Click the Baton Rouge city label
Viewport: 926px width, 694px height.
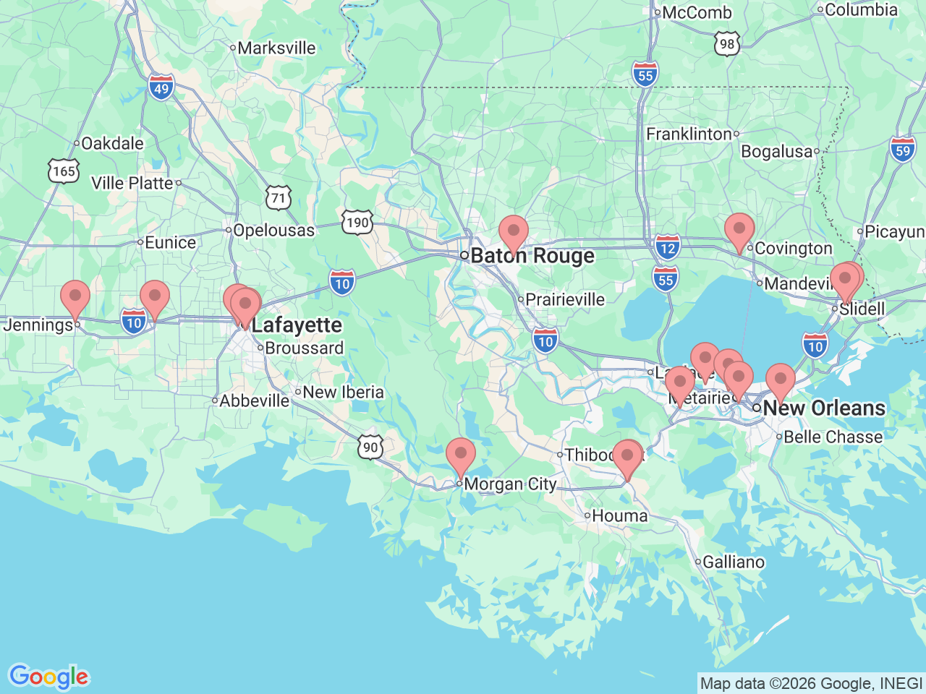tap(532, 256)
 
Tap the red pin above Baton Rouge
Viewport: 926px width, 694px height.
tap(514, 233)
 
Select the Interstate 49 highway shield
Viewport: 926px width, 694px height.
tap(161, 88)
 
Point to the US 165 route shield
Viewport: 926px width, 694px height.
tap(64, 171)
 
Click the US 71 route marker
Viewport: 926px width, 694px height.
tap(279, 197)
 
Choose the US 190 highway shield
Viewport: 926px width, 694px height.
tap(357, 222)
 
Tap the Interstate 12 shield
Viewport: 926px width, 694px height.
tap(667, 248)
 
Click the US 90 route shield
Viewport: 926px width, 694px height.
tap(370, 447)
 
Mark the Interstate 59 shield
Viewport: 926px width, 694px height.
tap(903, 150)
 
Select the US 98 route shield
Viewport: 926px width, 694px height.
tap(727, 44)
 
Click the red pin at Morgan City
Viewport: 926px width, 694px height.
tap(460, 456)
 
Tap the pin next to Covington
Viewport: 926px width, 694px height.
tap(739, 231)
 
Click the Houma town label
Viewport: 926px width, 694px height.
tap(619, 516)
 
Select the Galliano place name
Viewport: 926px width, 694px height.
tap(734, 562)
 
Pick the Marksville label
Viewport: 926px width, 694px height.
tap(276, 48)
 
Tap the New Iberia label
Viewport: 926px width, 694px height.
tap(343, 392)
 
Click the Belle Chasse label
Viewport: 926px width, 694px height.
tap(833, 437)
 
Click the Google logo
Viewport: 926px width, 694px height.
tap(48, 677)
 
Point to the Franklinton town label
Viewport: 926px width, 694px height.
tap(689, 134)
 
